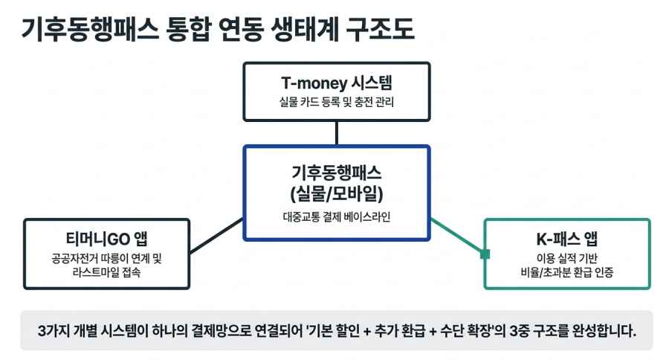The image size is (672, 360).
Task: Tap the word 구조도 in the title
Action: tap(380, 29)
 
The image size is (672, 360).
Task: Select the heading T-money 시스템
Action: tap(337, 83)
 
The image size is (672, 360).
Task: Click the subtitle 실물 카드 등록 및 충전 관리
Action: tap(337, 103)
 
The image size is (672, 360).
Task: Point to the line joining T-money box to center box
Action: tap(337, 133)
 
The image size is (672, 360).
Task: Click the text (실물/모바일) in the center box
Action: tap(337, 193)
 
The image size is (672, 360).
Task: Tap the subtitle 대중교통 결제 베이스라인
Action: tap(337, 217)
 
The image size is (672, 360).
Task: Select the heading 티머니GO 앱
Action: tap(107, 239)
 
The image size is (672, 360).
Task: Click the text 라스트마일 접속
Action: tap(107, 272)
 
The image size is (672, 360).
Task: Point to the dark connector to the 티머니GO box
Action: tap(216, 236)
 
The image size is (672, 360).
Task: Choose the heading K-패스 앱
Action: tap(567, 239)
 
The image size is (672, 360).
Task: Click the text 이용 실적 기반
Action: tap(567, 258)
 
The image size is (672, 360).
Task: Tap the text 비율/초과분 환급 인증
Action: tap(567, 272)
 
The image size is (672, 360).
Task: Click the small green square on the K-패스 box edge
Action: tap(485, 254)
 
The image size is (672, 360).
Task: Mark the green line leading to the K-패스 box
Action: tap(457, 236)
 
